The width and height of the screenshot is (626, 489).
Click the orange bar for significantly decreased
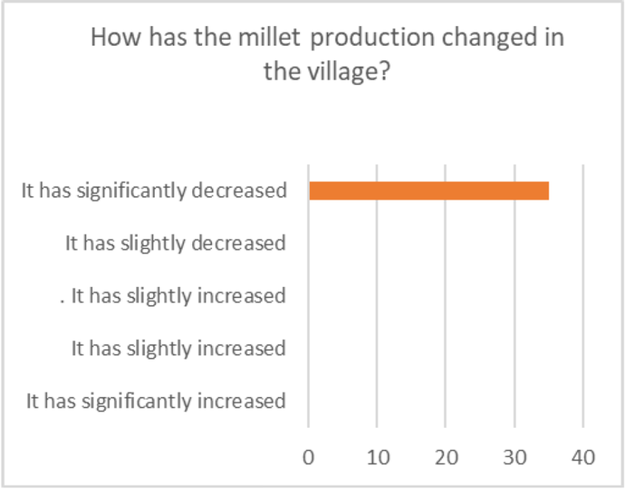[429, 191]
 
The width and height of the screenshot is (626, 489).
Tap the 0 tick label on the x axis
[308, 457]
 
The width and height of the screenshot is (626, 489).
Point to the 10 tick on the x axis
[377, 457]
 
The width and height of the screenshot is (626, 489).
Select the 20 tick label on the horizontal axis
[445, 457]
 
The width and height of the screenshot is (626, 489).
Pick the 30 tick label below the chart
[514, 457]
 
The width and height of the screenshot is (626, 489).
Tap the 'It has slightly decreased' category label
[175, 243]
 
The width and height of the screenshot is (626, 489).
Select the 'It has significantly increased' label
[156, 401]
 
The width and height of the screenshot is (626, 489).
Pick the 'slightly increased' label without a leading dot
[179, 348]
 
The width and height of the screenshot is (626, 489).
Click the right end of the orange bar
[547, 191]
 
